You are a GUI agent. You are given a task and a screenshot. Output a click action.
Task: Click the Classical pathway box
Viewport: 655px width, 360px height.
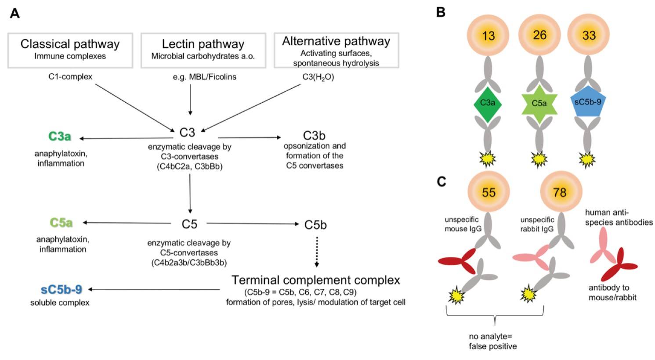tap(70, 50)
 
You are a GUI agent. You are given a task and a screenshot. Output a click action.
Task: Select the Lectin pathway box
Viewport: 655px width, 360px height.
tap(203, 50)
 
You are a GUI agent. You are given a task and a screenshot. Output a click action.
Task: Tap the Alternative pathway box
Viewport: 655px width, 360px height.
tap(336, 50)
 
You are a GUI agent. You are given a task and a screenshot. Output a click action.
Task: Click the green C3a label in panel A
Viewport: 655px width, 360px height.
tap(60, 136)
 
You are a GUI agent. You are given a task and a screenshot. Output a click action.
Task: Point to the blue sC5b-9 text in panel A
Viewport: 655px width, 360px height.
tap(62, 290)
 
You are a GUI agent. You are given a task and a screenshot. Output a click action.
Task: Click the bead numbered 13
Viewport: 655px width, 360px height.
tap(488, 35)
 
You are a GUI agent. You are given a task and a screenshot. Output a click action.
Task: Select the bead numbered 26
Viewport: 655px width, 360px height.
tap(539, 35)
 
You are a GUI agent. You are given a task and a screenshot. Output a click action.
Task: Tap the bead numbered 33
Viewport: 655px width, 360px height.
tap(589, 35)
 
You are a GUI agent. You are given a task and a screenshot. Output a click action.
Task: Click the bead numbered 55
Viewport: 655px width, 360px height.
tap(489, 192)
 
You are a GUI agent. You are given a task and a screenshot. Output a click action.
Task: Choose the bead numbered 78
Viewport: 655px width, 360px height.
tap(559, 192)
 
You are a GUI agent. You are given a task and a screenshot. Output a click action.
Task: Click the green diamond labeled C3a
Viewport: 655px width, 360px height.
tap(488, 103)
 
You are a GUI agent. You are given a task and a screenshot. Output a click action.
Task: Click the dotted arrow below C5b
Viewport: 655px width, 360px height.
tap(317, 252)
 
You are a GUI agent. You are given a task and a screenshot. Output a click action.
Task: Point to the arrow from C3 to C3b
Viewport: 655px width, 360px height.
tap(249, 138)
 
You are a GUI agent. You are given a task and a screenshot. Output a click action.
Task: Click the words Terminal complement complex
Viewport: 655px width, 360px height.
tap(315, 280)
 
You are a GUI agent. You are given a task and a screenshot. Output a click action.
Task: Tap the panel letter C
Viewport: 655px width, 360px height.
tap(441, 181)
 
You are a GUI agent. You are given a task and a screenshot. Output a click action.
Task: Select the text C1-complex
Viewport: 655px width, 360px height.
tap(70, 77)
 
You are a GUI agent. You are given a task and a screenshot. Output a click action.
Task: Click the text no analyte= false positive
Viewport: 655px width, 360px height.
tap(492, 341)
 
